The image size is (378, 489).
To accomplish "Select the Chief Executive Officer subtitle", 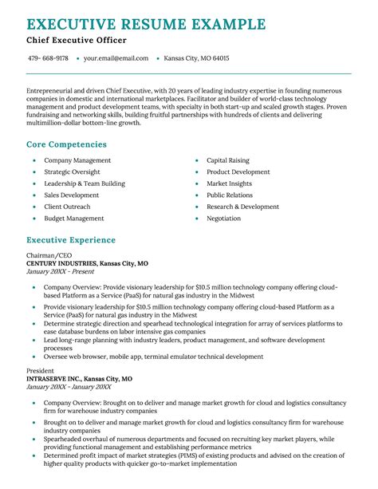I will click(x=76, y=40).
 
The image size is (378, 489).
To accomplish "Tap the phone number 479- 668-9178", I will click(x=48, y=58).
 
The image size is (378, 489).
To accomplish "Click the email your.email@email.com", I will click(x=116, y=58).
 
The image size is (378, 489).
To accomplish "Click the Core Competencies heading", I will click(x=66, y=144).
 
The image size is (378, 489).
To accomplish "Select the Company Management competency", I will click(x=77, y=160).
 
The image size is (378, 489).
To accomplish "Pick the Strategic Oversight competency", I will click(x=72, y=172).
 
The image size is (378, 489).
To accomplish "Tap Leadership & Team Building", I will click(x=85, y=183).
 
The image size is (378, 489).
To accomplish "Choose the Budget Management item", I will click(x=74, y=218).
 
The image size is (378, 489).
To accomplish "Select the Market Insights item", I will click(x=229, y=183).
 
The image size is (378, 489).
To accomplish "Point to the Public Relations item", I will click(x=230, y=195).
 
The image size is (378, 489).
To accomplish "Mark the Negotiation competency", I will click(x=223, y=218).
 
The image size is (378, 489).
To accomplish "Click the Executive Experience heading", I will click(x=71, y=240).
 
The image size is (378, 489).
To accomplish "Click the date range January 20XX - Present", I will click(x=59, y=272).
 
